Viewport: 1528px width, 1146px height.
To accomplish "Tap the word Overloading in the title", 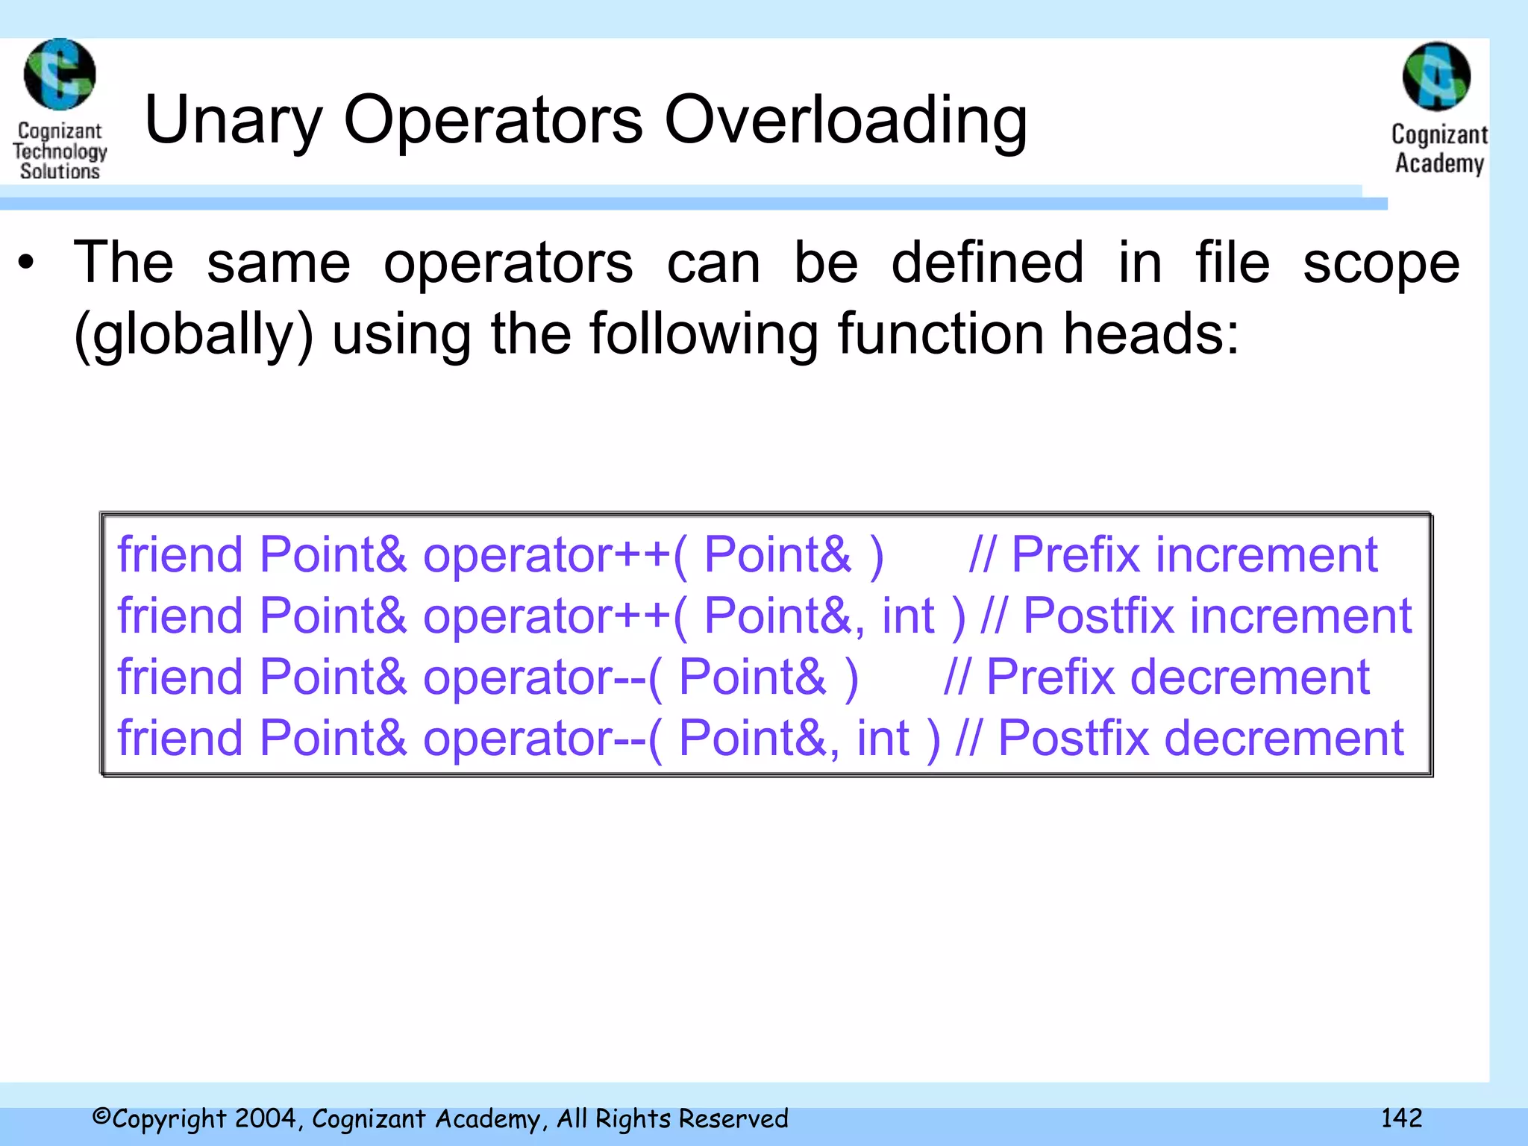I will (x=845, y=121).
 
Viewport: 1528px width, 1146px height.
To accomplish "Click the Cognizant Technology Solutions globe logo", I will (x=60, y=75).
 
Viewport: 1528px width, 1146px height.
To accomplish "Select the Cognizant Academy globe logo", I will (x=1436, y=77).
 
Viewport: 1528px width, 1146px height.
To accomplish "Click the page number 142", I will (x=1401, y=1118).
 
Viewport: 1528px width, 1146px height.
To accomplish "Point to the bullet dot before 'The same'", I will (x=27, y=263).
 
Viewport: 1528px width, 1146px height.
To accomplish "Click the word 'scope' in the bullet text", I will (x=1381, y=263).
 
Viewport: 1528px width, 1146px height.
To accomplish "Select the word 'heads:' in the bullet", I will (x=1151, y=334).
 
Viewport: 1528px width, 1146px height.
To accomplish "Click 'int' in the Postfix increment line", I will (x=908, y=616).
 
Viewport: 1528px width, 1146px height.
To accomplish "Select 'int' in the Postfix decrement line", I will (x=883, y=739).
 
